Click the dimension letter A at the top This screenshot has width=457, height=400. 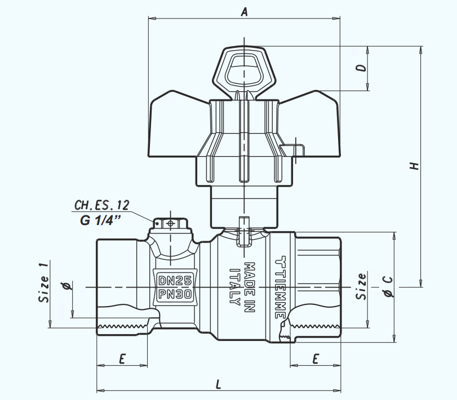coord(244,11)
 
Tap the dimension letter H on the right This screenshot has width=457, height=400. coord(414,167)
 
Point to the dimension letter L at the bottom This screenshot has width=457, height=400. coord(219,384)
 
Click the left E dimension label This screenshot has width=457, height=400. coord(122,358)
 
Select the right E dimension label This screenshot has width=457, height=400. coord(316,358)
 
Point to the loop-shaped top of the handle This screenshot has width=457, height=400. coord(243,67)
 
